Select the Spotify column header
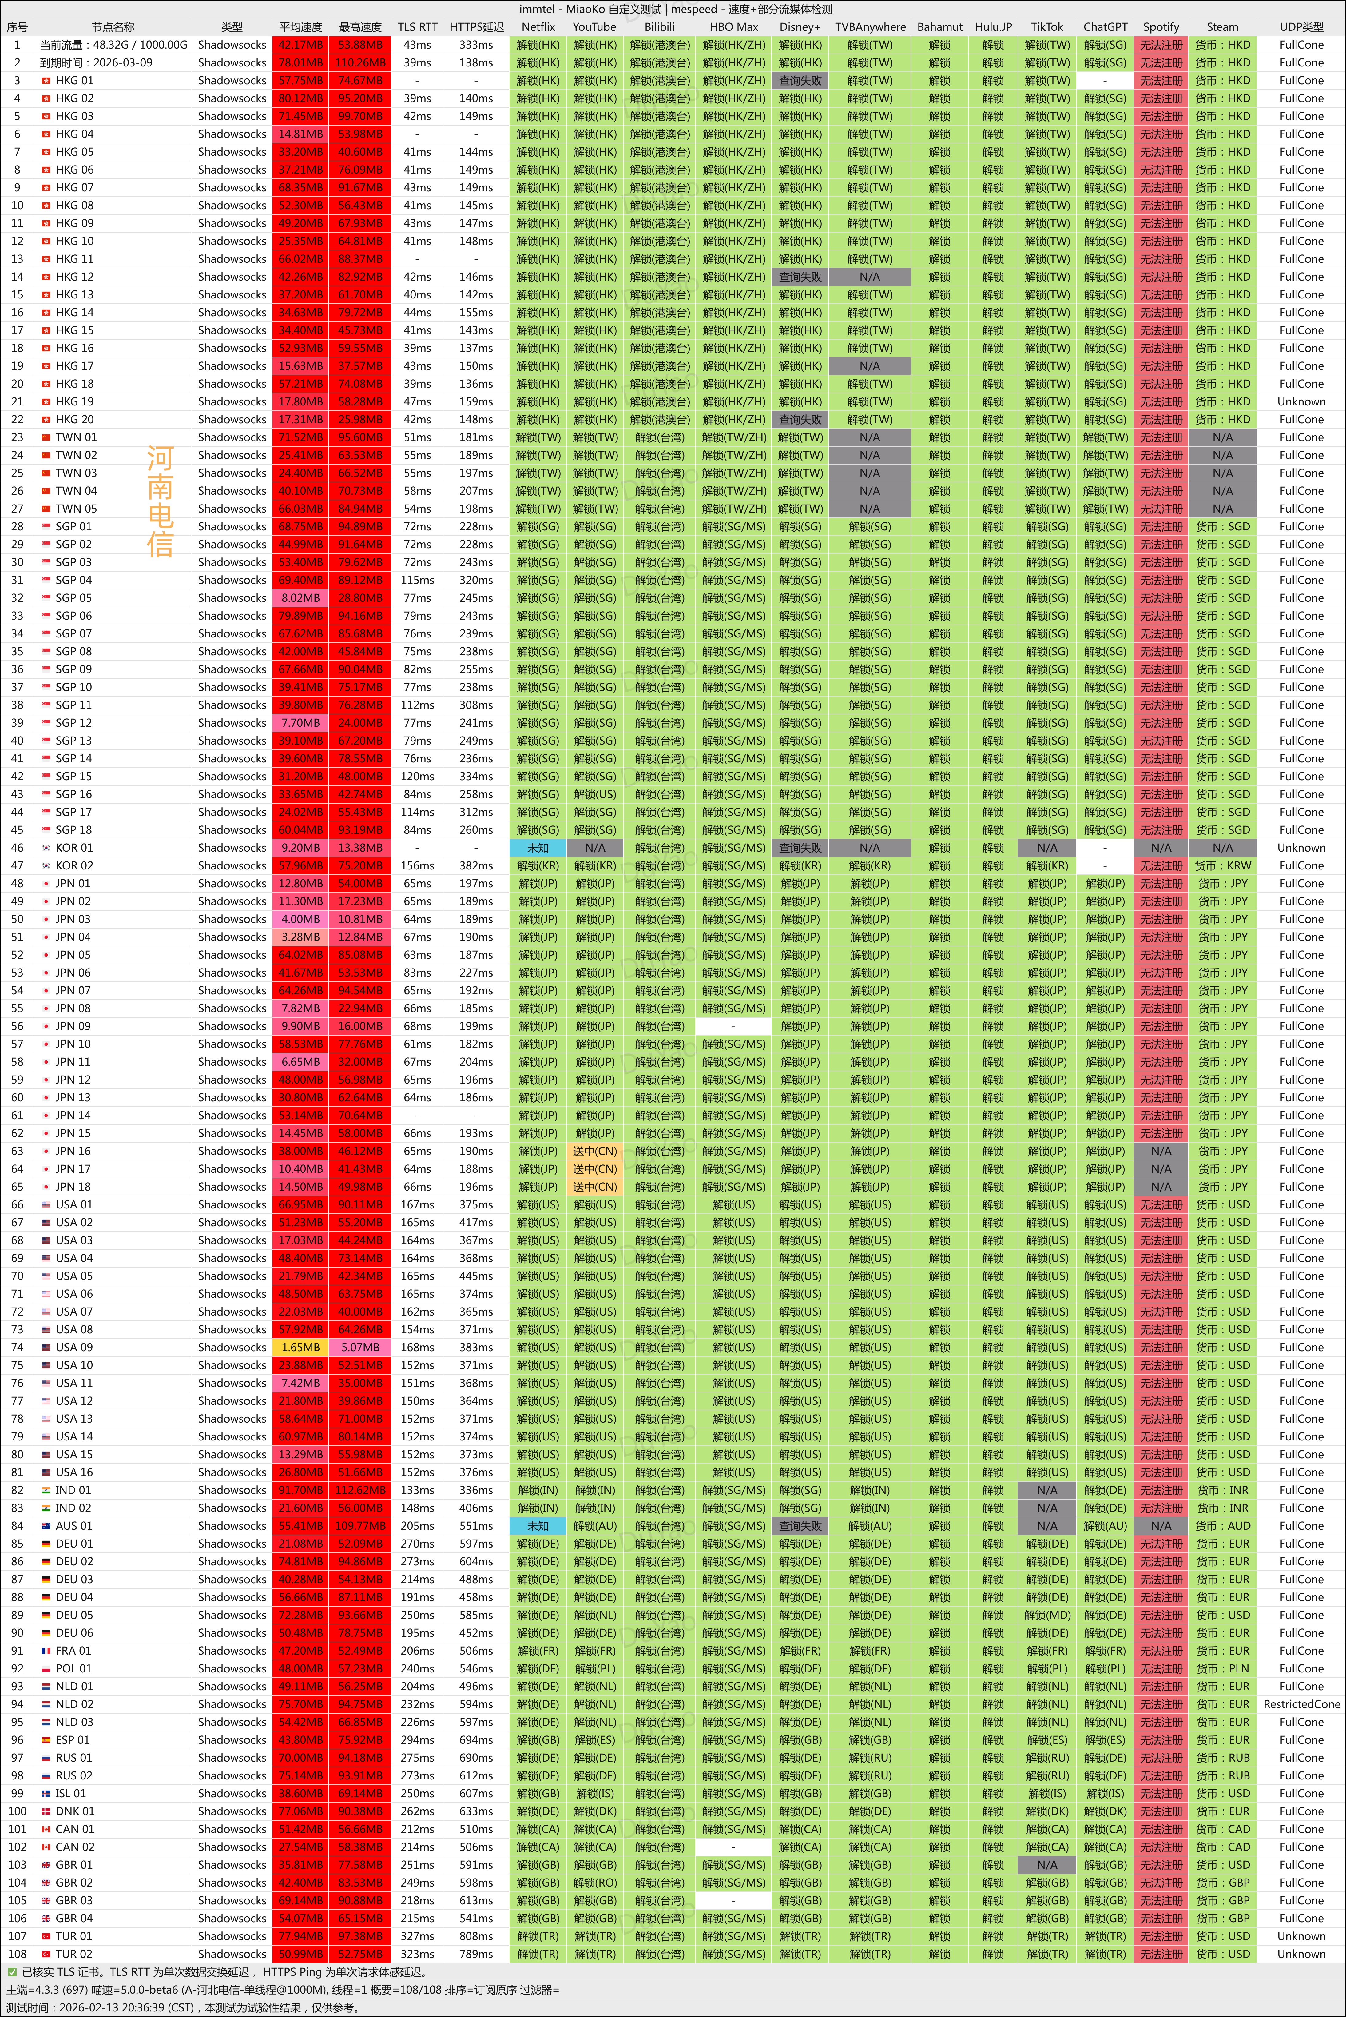click(x=1161, y=27)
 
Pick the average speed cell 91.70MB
click(x=300, y=1490)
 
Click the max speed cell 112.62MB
click(x=360, y=1490)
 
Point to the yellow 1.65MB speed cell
click(x=300, y=1347)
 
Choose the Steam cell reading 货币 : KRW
click(x=1222, y=865)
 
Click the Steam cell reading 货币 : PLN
click(x=1222, y=1668)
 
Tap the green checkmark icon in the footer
click(x=12, y=1972)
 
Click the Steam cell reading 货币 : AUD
click(x=1222, y=1526)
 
